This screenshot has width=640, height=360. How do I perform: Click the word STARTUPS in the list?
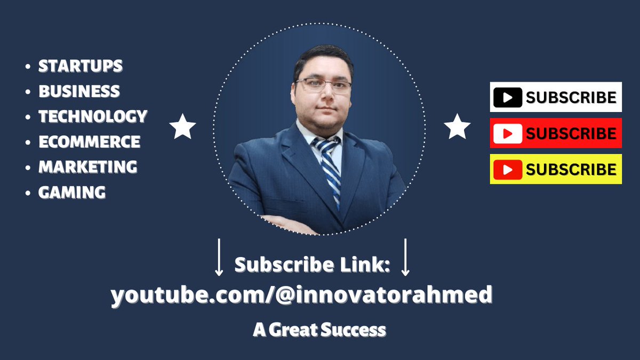point(81,66)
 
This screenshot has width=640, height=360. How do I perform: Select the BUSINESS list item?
point(79,91)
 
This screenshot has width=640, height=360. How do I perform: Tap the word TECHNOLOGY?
point(93,116)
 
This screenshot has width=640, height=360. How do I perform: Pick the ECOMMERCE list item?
point(89,142)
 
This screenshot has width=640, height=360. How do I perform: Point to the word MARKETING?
point(87,167)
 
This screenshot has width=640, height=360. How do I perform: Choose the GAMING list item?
point(72,193)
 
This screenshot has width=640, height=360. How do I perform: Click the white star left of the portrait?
point(182,127)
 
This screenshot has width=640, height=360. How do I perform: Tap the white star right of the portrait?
point(457,127)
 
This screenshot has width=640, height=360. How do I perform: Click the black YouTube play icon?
point(508,98)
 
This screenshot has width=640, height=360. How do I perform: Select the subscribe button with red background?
point(556,133)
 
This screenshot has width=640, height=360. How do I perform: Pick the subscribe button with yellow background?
point(556,169)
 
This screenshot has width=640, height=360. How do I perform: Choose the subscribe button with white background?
point(556,97)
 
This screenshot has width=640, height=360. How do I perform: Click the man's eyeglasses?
point(323,85)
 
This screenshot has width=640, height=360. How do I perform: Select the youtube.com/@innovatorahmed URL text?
point(301,295)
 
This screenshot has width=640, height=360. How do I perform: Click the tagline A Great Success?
point(319,330)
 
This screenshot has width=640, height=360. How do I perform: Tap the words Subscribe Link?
point(313,265)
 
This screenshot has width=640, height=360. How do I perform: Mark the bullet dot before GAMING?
point(28,193)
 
